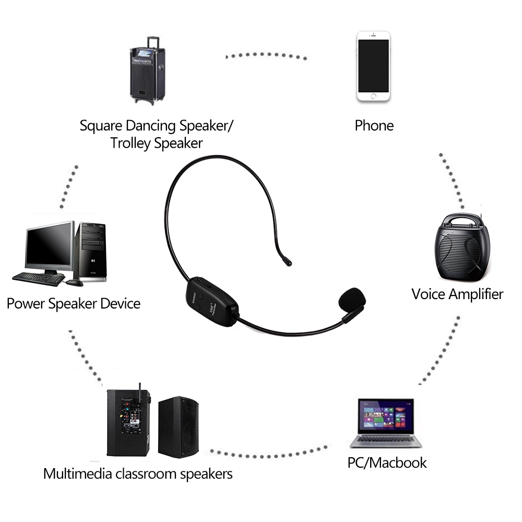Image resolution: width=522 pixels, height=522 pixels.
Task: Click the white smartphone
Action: tap(373, 66)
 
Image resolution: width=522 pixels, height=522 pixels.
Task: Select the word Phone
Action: tap(374, 125)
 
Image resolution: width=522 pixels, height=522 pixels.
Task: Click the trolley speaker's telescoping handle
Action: tap(153, 42)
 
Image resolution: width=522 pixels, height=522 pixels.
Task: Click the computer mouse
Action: tap(74, 282)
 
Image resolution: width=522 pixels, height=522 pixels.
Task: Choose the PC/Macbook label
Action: tap(387, 462)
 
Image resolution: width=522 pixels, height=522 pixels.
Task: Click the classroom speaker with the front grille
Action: tap(180, 426)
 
